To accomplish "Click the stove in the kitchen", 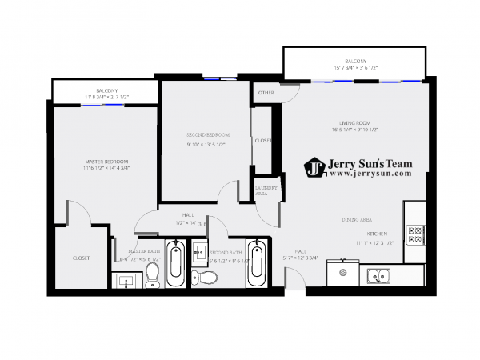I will coord(415,235).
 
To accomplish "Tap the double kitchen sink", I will coord(378,277).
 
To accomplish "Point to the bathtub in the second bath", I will coord(256,262).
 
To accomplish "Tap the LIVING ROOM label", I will coord(352,122).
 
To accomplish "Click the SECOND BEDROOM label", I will coord(208,134).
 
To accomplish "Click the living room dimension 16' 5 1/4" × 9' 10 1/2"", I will coord(354,130).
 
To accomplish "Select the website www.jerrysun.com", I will coord(369,173).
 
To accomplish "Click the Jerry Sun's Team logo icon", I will coord(314,167).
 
